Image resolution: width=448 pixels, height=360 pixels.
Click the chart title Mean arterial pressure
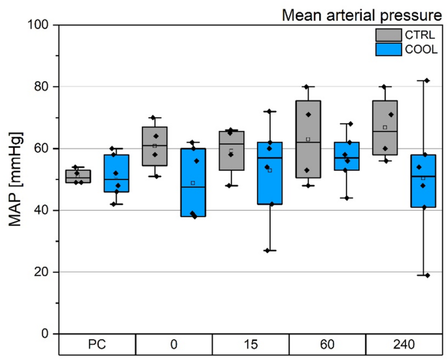tap(362, 14)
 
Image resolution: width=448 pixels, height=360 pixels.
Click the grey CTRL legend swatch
tap(388, 34)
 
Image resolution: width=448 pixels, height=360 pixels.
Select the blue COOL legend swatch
tap(388, 49)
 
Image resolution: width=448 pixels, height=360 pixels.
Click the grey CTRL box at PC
tap(78, 176)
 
